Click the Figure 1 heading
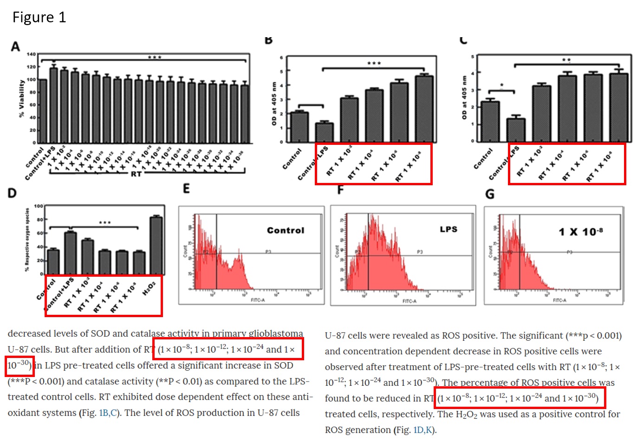39,18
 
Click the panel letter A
16,47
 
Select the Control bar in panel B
299,127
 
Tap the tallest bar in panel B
424,109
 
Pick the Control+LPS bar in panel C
516,130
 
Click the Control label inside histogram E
286,230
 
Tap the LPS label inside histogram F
448,229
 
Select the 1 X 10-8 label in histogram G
581,232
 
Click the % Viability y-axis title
21,98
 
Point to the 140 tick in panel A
31,54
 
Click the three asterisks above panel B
374,64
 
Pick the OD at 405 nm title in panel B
274,104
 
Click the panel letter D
12,193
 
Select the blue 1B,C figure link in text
107,413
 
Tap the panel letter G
490,194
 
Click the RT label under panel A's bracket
136,174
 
